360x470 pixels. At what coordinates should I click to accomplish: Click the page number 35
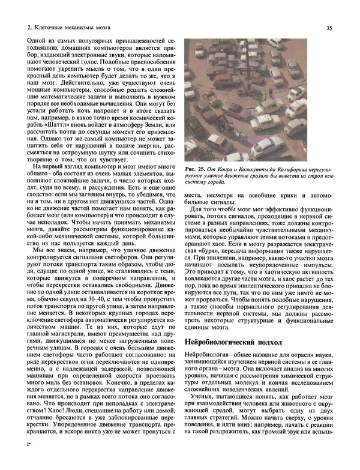click(x=329, y=27)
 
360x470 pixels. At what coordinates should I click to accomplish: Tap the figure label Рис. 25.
click(x=195, y=166)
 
